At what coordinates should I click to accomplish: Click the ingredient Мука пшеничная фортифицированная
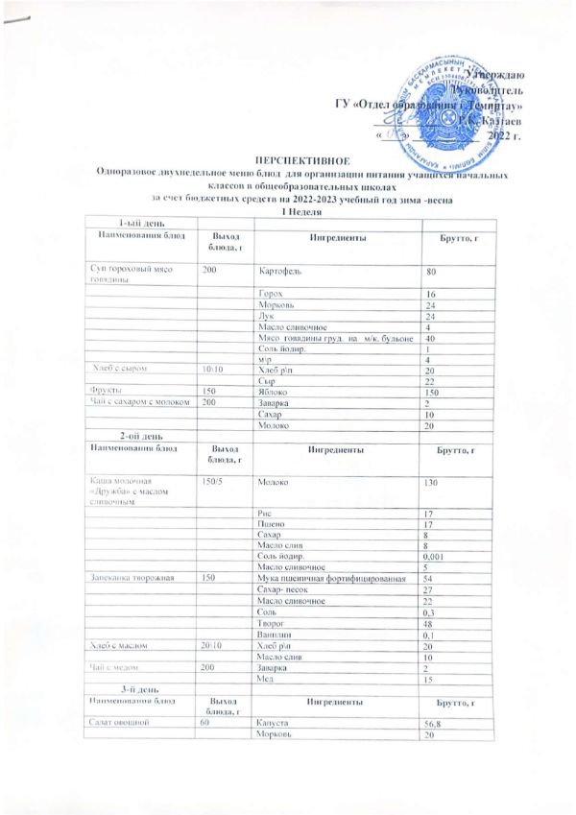click(x=314, y=578)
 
